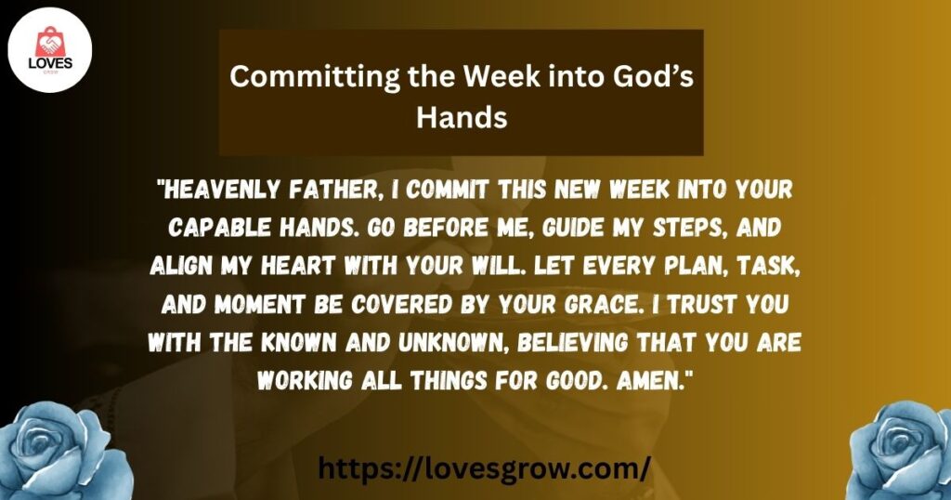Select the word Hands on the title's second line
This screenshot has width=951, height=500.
tap(462, 116)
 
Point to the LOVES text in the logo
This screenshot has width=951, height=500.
tap(50, 63)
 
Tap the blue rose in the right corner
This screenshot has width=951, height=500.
tap(900, 450)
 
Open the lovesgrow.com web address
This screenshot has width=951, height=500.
tap(484, 468)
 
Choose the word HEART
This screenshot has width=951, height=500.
tap(298, 266)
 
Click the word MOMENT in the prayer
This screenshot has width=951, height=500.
tap(260, 304)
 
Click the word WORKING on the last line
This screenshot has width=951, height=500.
tap(305, 380)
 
